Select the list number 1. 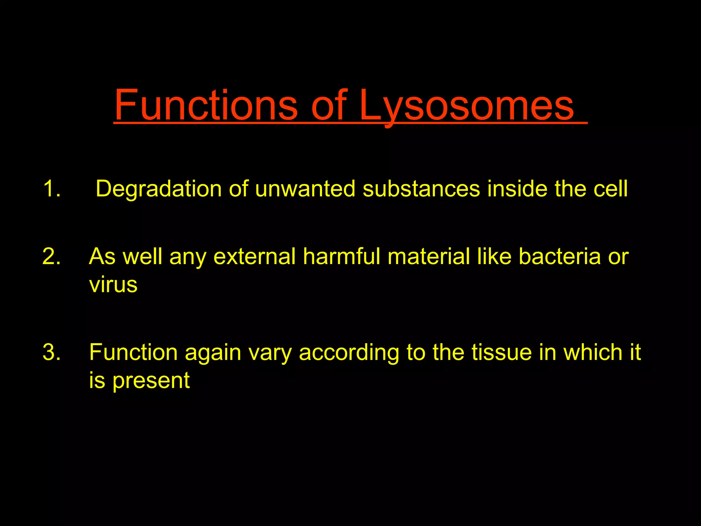click(x=51, y=189)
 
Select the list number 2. click(x=51, y=256)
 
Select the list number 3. click(x=51, y=352)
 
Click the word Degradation click(x=158, y=189)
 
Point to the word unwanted click(x=305, y=189)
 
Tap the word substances click(x=421, y=189)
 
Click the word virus click(x=113, y=285)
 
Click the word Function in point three click(x=133, y=352)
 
